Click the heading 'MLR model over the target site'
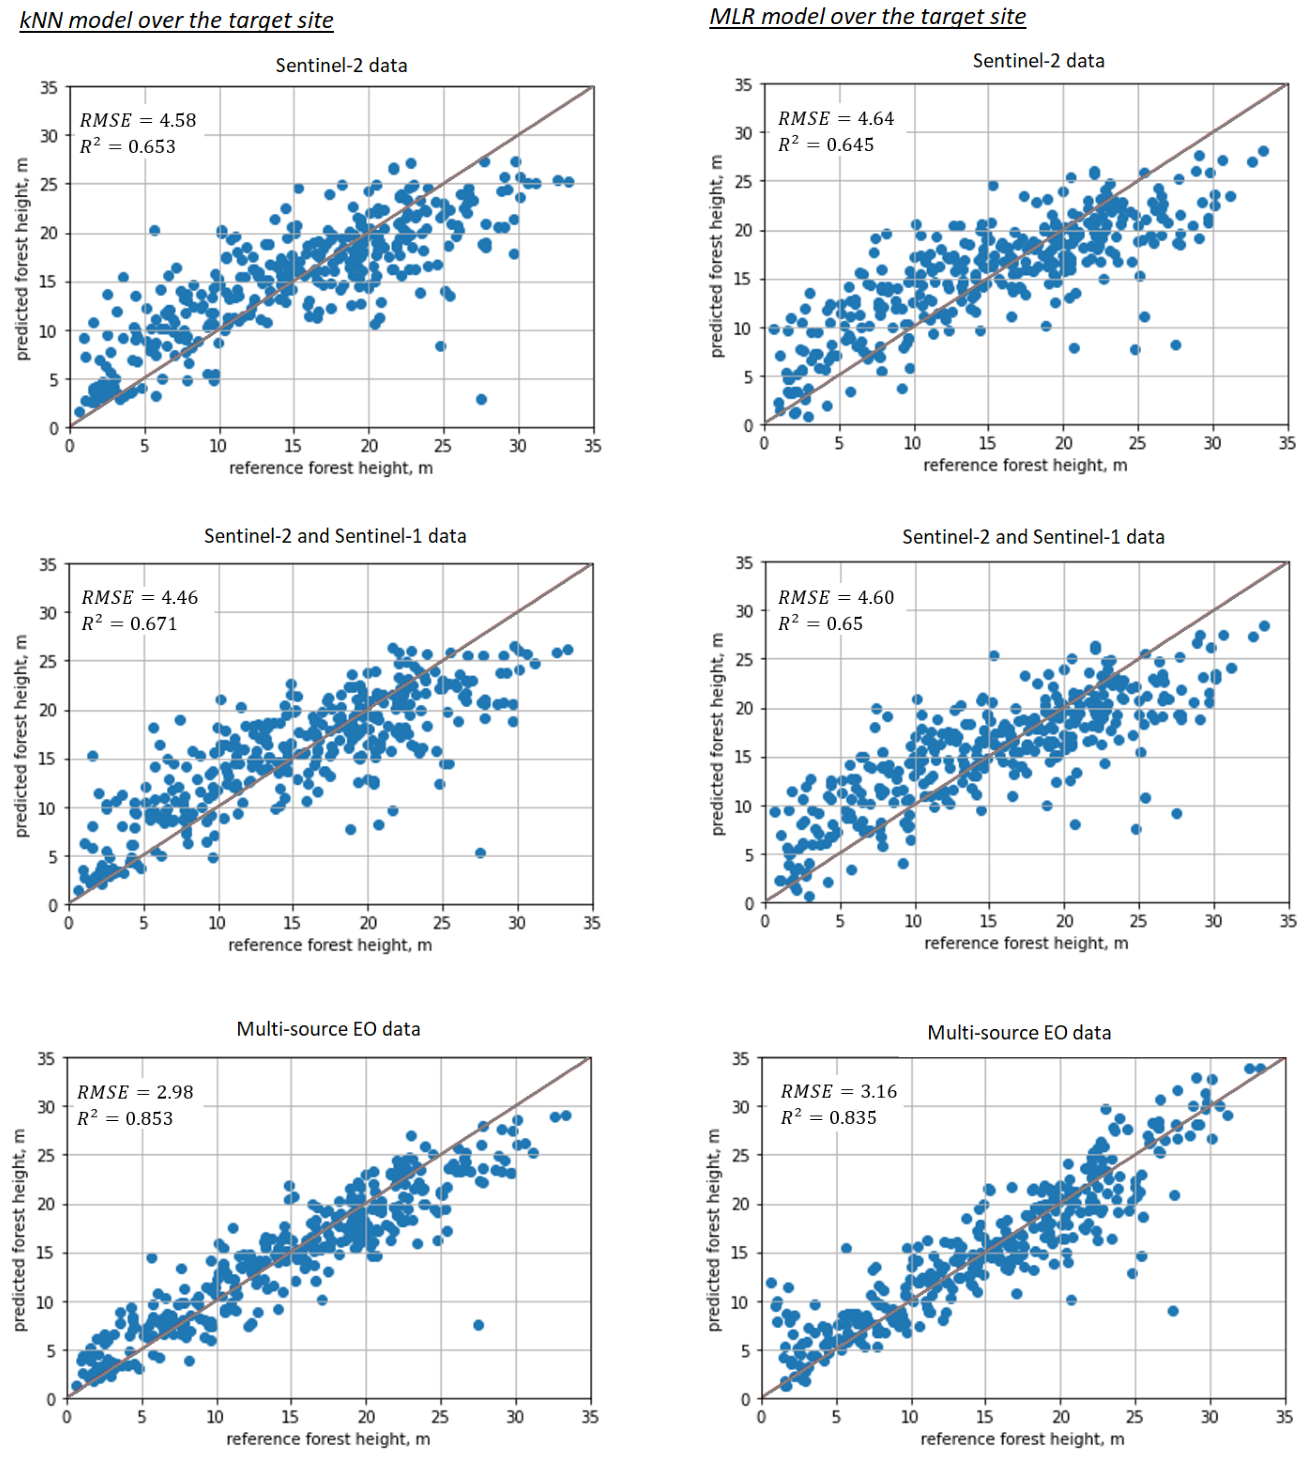(867, 16)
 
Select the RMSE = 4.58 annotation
(138, 120)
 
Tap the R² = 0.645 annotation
(826, 145)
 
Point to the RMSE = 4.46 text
(139, 597)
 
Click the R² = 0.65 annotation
(820, 624)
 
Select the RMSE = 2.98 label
(135, 1092)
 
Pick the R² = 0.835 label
(829, 1118)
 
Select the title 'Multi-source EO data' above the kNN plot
(328, 1029)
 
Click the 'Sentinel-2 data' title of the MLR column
(1038, 61)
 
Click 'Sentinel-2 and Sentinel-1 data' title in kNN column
(335, 536)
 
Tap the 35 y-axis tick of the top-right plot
(743, 85)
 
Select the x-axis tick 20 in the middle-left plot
(368, 923)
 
